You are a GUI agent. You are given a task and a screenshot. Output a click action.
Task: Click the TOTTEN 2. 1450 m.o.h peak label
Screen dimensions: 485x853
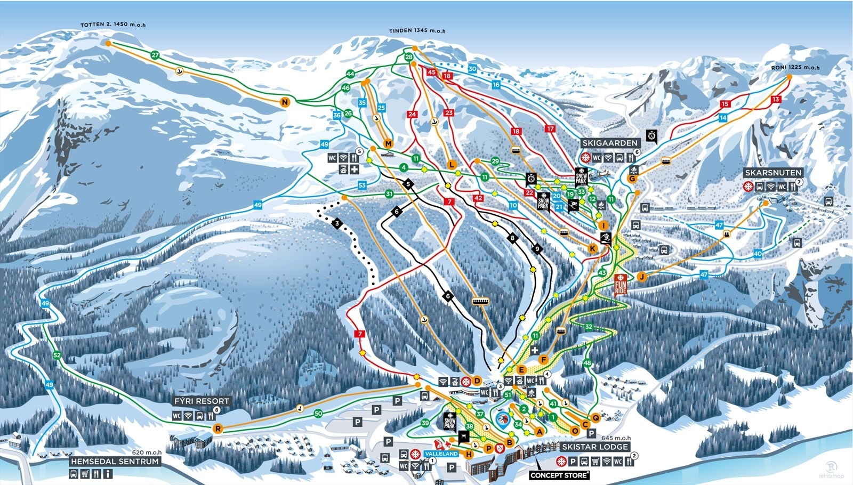[112, 25]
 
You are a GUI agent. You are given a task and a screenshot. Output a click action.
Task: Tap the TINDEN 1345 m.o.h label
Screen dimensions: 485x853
[417, 30]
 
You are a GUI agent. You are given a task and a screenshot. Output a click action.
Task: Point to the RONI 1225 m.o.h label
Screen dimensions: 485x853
[795, 68]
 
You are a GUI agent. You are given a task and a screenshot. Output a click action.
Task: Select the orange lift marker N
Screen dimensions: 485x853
[286, 102]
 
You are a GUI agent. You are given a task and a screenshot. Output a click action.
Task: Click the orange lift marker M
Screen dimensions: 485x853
[388, 144]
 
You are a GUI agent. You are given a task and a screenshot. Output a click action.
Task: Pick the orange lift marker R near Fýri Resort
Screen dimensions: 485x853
[218, 428]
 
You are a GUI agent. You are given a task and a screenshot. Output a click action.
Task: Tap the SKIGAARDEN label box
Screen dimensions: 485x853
[610, 143]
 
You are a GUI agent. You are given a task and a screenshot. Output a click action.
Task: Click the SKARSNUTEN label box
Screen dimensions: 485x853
[773, 173]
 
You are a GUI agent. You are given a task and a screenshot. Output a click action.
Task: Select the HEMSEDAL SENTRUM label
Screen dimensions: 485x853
[115, 461]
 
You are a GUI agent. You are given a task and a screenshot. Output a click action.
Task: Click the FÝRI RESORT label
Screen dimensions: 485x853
[202, 401]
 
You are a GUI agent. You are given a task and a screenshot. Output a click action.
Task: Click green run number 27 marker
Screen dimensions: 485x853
[155, 55]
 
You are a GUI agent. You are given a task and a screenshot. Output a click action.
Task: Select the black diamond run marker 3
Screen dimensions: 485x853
[337, 223]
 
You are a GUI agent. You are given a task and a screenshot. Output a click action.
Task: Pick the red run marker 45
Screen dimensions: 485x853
[432, 72]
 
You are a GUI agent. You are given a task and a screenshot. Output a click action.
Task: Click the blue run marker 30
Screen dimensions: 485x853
[472, 69]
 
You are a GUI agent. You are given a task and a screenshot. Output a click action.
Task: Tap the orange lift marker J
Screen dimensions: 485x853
[641, 276]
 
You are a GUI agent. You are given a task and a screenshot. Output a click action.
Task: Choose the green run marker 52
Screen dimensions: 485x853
[57, 355]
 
